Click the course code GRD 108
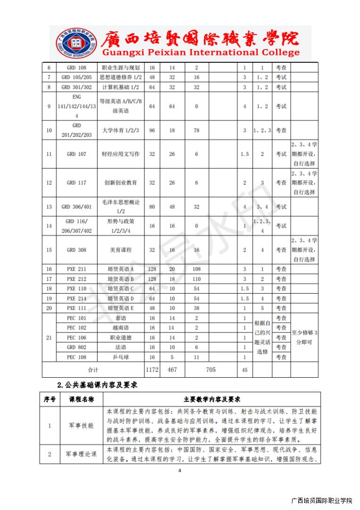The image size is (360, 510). click(x=76, y=68)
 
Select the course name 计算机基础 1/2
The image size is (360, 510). click(x=121, y=87)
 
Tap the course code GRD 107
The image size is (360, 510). click(x=76, y=154)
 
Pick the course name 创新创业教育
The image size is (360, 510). click(x=121, y=183)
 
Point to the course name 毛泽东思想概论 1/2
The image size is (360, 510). click(x=121, y=207)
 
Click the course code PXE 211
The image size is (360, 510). click(x=76, y=269)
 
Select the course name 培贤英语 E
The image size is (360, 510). click(x=121, y=308)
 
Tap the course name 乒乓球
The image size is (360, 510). click(x=121, y=357)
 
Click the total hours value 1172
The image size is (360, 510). click(x=152, y=370)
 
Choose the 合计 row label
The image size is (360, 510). click(x=93, y=370)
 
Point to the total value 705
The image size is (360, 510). click(x=211, y=370)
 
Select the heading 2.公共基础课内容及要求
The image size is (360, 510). click(x=97, y=384)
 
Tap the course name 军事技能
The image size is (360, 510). click(x=81, y=425)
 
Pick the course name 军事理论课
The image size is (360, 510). click(x=81, y=454)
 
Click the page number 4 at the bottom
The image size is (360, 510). click(x=180, y=471)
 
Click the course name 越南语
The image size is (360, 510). click(x=121, y=328)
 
